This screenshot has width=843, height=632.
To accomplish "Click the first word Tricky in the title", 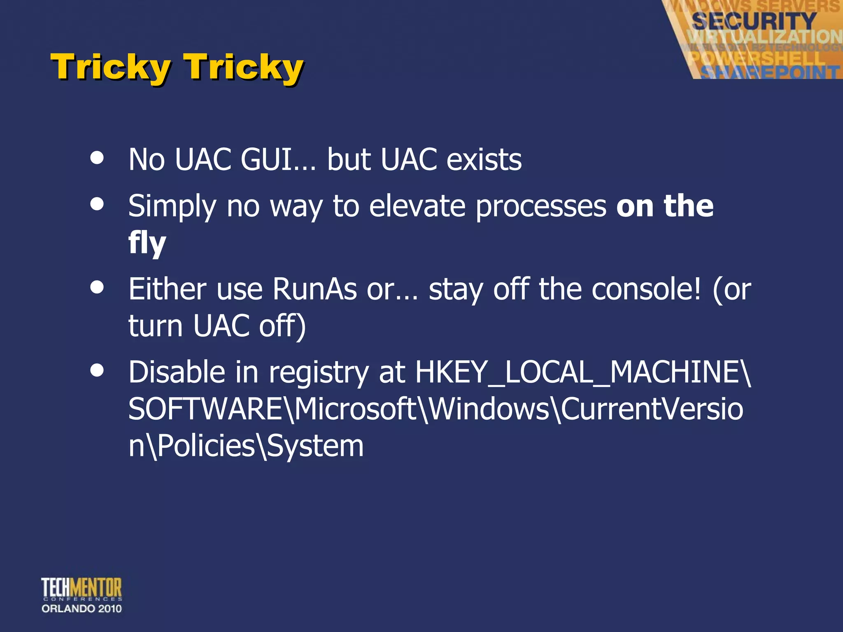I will [x=110, y=67].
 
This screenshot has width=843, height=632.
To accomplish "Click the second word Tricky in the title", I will [x=243, y=67].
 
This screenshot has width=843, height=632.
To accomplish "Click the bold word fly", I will [x=147, y=243].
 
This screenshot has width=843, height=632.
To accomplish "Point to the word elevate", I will [x=417, y=206].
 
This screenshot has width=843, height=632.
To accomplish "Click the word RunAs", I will [x=314, y=289].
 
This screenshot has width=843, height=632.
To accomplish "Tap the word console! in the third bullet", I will [x=646, y=289].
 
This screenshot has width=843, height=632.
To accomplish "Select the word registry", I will [x=319, y=372].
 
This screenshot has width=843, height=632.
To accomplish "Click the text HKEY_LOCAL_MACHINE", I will [x=582, y=372].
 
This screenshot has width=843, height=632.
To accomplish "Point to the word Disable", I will [x=177, y=372].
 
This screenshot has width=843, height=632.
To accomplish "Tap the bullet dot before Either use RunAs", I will [x=97, y=288].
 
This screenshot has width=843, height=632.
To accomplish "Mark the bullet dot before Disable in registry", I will [x=97, y=371].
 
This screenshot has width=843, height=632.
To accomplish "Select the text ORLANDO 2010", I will [x=82, y=609].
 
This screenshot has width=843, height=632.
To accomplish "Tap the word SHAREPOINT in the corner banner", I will [x=770, y=72].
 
